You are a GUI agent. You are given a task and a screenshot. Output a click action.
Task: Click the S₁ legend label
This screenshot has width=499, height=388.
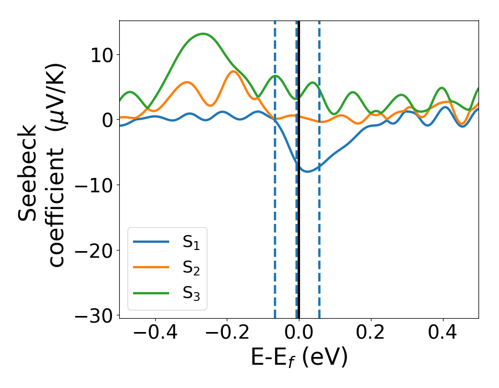pyautogui.click(x=191, y=242)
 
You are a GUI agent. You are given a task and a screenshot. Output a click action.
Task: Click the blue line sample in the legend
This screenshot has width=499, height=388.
pyautogui.click(x=151, y=242)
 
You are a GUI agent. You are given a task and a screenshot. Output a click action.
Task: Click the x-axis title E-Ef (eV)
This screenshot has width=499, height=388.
pyautogui.click(x=299, y=358)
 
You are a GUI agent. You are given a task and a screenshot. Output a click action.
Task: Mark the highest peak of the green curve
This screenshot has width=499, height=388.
pyautogui.click(x=203, y=34)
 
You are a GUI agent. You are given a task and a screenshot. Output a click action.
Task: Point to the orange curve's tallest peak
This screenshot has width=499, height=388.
pyautogui.click(x=233, y=72)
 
